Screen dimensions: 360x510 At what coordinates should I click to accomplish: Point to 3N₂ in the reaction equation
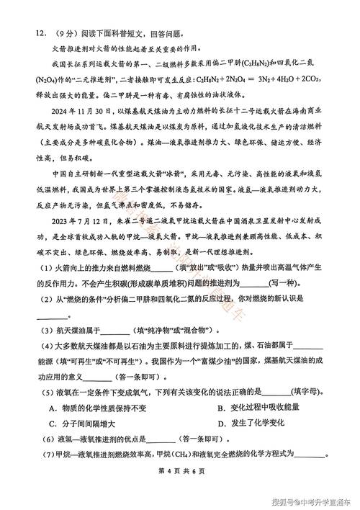(x=249, y=81)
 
